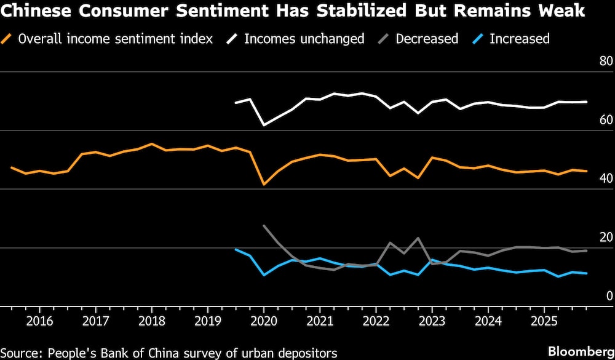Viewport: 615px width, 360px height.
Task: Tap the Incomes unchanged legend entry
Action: [304, 39]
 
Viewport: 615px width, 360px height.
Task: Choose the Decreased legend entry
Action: [426, 39]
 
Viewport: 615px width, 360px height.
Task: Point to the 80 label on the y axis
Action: [606, 62]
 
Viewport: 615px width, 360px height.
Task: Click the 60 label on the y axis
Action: [606, 120]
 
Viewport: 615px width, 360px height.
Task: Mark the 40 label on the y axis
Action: [606, 178]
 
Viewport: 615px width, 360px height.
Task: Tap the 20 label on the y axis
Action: [606, 238]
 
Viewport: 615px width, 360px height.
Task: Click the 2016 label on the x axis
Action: [39, 321]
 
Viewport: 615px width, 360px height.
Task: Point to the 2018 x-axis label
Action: [151, 321]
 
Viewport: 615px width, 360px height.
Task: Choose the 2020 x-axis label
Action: [264, 321]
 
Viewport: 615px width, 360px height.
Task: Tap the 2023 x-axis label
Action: [432, 321]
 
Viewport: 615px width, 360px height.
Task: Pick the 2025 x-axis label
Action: [544, 321]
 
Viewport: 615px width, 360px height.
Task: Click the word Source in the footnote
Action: [22, 353]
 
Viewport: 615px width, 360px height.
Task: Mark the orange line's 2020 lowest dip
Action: [264, 184]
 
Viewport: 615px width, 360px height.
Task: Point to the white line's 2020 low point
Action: [264, 125]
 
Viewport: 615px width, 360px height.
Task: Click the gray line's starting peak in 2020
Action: [264, 226]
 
